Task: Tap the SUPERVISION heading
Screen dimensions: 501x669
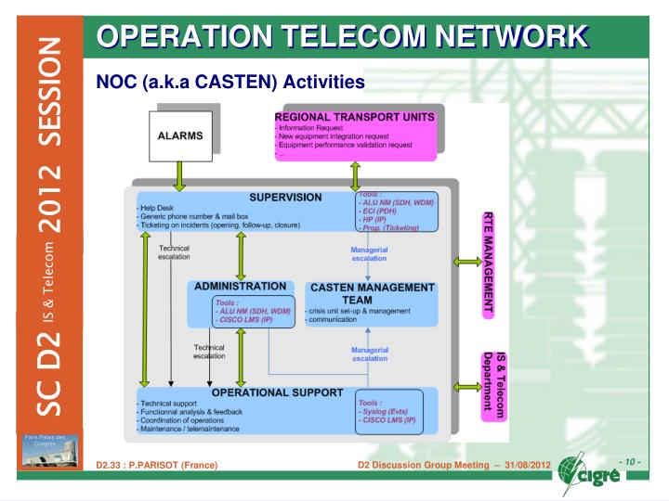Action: tap(284, 198)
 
